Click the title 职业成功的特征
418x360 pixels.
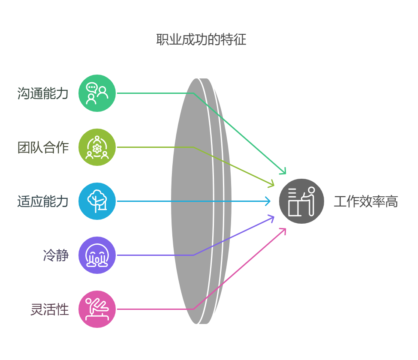pyautogui.click(x=201, y=40)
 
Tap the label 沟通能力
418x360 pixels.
pyautogui.click(x=43, y=93)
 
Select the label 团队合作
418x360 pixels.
pyautogui.click(x=43, y=147)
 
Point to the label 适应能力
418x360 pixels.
pyautogui.click(x=43, y=201)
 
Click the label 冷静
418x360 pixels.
pyautogui.click(x=56, y=255)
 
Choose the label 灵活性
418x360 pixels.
pyautogui.click(x=49, y=309)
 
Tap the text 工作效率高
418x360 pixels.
pyautogui.click(x=366, y=201)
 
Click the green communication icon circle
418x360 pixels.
pyautogui.click(x=97, y=93)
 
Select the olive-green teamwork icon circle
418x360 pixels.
pyautogui.click(x=97, y=147)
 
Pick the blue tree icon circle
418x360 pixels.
pyautogui.click(x=97, y=201)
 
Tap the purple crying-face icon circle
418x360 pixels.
pyautogui.click(x=97, y=255)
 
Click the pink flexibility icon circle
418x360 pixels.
pyautogui.click(x=97, y=309)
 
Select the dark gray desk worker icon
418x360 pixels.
pyautogui.click(x=301, y=201)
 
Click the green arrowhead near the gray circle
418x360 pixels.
pyautogui.click(x=283, y=172)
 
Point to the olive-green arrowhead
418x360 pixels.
pyautogui.click(x=271, y=184)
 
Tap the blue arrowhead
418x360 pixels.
pyautogui.click(x=268, y=201)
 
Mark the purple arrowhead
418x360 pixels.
pyautogui.click(x=271, y=218)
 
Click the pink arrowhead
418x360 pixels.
pyautogui.click(x=283, y=230)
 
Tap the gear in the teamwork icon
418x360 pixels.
pyautogui.click(x=97, y=148)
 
